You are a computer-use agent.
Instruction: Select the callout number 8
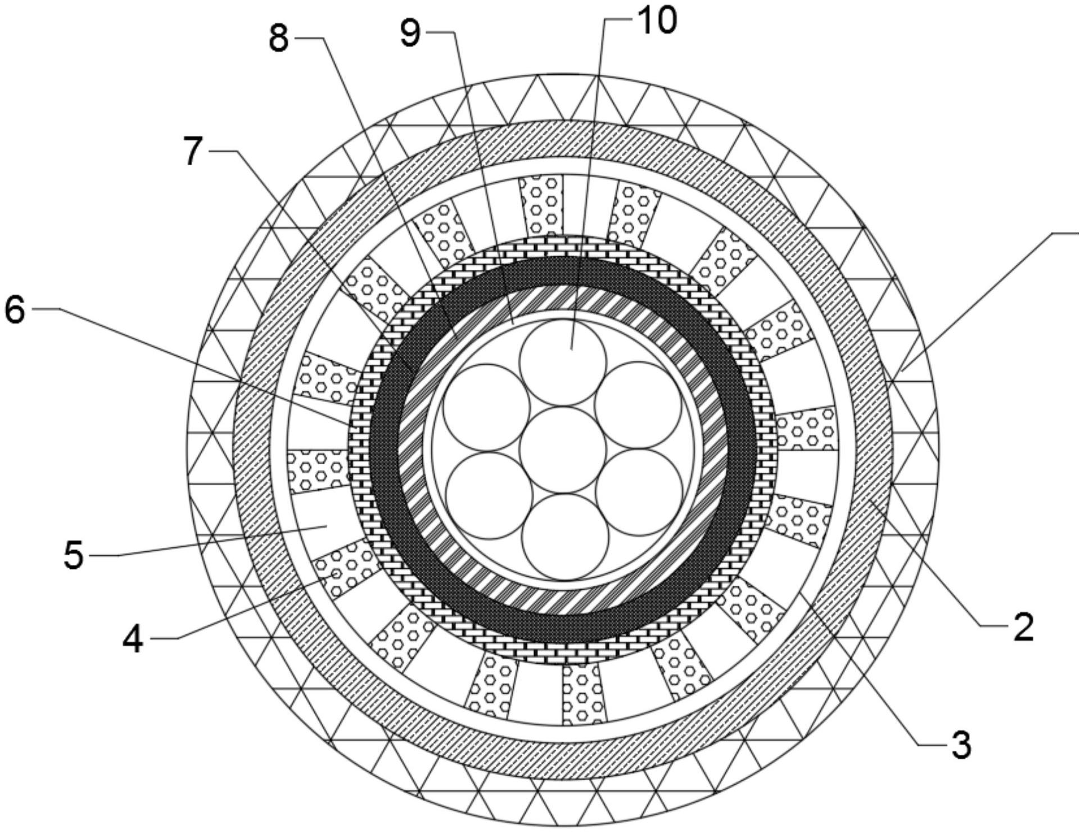[279, 39]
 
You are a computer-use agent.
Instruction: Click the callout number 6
[15, 310]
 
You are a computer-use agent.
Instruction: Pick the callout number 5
[74, 556]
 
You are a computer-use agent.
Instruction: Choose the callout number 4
[133, 640]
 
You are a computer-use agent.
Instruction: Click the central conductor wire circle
[563, 450]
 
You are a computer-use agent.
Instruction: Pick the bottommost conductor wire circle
[565, 537]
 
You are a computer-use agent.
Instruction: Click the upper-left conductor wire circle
[486, 408]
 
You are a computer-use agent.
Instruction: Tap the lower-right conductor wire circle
[639, 493]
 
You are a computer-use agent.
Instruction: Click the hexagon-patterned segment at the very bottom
[585, 694]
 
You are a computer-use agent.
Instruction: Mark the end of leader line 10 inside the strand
[571, 349]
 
